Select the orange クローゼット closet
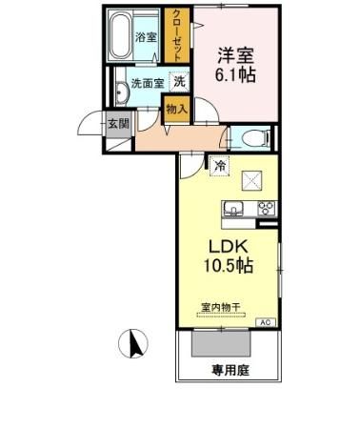pyautogui.click(x=176, y=36)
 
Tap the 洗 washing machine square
pyautogui.click(x=179, y=83)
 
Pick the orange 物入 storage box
pyautogui.click(x=177, y=109)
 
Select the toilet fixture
pyautogui.click(x=253, y=138)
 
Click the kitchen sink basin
pyautogui.click(x=234, y=209)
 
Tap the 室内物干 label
pyautogui.click(x=220, y=307)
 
